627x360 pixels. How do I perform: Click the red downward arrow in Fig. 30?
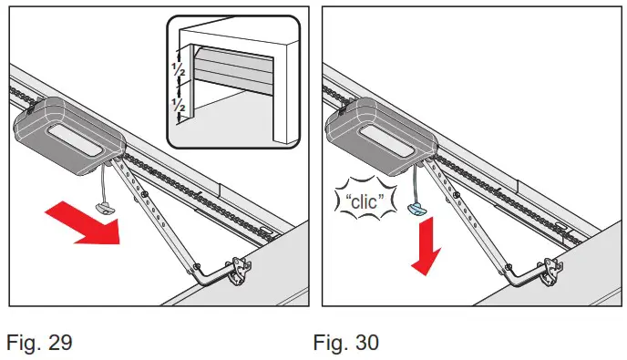click(421, 246)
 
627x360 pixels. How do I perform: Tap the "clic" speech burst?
click(365, 200)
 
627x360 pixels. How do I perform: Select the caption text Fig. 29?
click(40, 343)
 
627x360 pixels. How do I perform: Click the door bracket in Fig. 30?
click(550, 269)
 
